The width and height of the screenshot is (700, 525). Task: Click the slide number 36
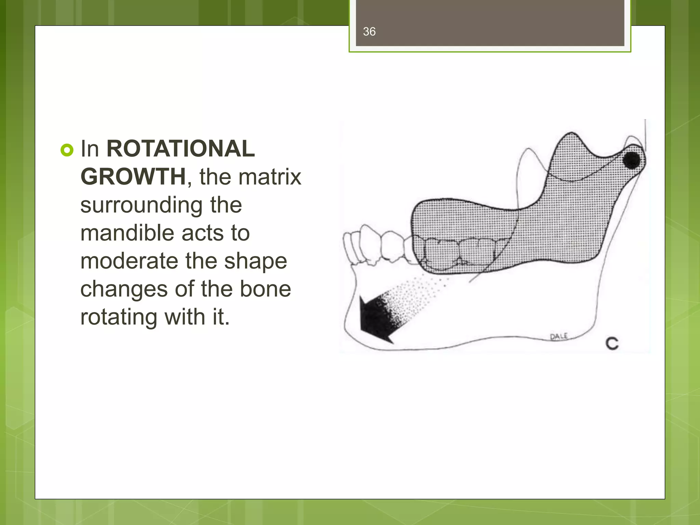click(369, 32)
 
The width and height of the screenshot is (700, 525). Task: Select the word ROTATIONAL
click(180, 149)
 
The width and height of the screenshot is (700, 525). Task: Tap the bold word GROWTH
click(133, 177)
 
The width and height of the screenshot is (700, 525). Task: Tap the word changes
click(124, 289)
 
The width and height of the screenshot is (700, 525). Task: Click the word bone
click(265, 289)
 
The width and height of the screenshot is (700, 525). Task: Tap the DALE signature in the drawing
click(559, 336)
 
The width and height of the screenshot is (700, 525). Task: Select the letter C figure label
click(612, 343)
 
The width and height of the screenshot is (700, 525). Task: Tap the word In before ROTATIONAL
click(90, 149)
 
